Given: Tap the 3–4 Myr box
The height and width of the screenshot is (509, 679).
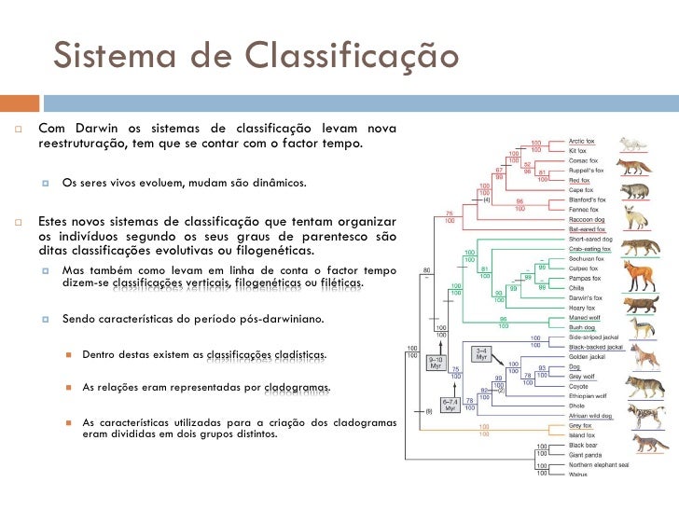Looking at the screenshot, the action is click(481, 354).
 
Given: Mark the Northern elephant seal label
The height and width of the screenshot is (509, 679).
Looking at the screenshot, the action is click(599, 464).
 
